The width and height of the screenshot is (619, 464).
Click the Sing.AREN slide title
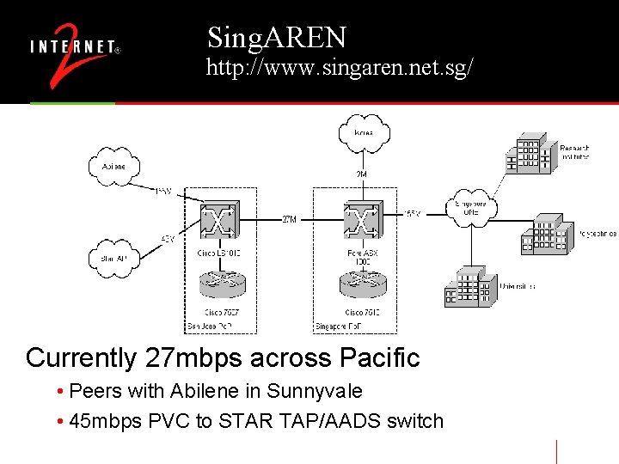click(276, 37)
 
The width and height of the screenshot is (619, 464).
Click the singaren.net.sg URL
click(339, 69)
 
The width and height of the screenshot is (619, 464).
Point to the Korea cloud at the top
click(363, 132)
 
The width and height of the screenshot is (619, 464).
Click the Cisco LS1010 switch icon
click(219, 221)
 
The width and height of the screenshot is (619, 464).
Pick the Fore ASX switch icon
click(362, 221)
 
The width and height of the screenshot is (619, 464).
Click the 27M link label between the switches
click(290, 219)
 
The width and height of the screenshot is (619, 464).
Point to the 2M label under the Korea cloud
click(362, 174)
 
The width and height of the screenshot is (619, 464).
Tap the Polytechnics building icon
click(543, 233)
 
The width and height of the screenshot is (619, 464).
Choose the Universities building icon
click(469, 286)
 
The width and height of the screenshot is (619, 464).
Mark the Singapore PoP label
click(334, 327)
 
